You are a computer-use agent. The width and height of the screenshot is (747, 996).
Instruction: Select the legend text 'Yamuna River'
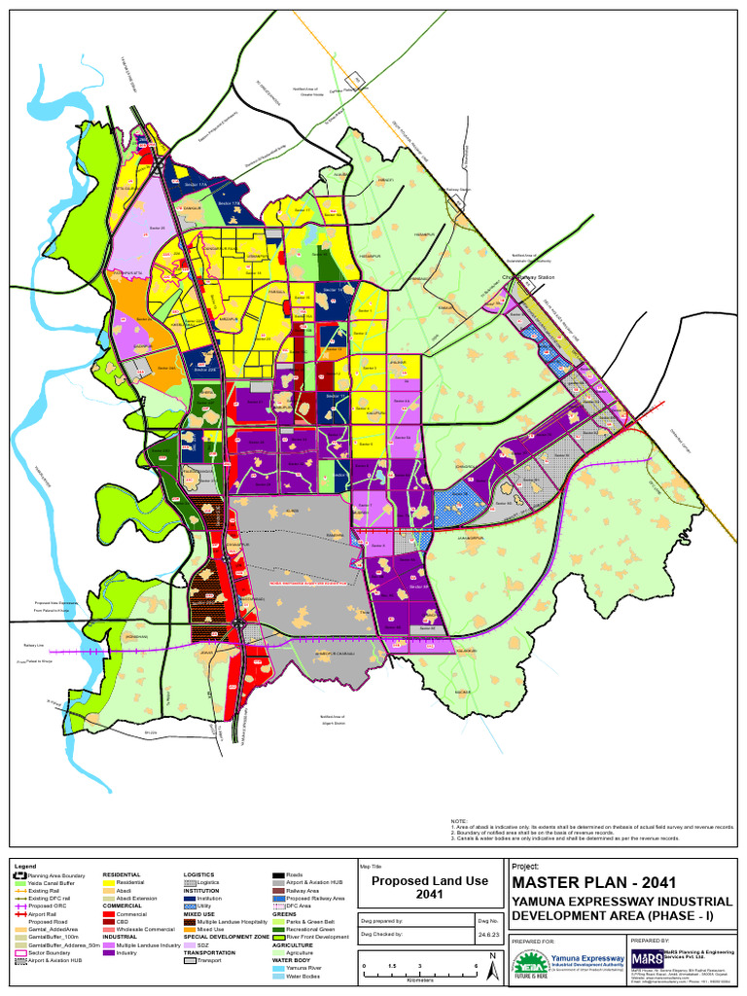coord(304,969)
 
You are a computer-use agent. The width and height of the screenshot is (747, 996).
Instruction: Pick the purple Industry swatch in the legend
coord(109,953)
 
